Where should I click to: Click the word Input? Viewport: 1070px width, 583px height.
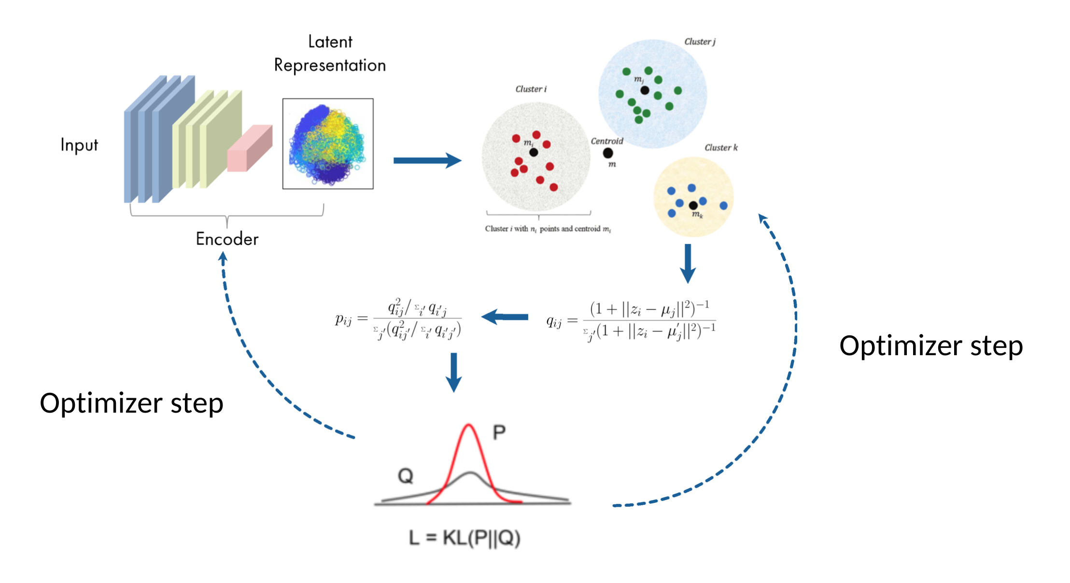(79, 145)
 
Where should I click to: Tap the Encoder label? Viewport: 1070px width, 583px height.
(227, 239)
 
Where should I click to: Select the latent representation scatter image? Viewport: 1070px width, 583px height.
(328, 144)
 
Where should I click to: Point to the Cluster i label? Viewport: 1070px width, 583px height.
(531, 89)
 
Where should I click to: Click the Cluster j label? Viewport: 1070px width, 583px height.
(700, 42)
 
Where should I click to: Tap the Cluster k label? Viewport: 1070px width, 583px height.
(721, 148)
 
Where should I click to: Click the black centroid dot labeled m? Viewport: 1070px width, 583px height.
(608, 153)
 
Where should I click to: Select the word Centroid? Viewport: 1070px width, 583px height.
(607, 141)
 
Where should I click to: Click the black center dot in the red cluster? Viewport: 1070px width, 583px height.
(534, 153)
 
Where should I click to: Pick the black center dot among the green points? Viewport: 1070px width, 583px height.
(645, 90)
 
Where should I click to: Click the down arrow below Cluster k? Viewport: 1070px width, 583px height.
(688, 264)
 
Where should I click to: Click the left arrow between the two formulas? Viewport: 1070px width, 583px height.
(505, 317)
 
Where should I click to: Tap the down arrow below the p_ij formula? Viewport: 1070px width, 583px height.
(454, 372)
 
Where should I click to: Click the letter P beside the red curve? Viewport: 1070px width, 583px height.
(499, 432)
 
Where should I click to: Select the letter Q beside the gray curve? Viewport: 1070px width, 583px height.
(406, 476)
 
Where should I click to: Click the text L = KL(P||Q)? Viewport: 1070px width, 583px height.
(465, 537)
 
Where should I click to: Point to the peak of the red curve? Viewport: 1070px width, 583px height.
(468, 425)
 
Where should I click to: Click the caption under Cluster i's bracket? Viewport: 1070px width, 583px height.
(548, 229)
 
